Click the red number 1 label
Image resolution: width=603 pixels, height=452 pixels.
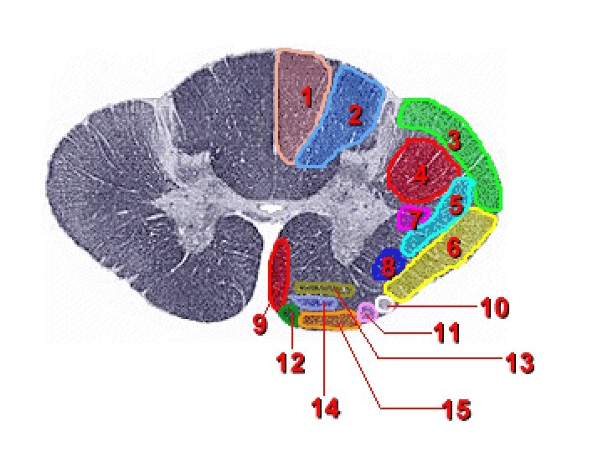307,98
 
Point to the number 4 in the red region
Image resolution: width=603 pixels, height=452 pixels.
420,175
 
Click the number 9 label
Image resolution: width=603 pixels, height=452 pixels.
260,325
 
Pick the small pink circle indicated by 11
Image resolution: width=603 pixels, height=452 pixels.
367,313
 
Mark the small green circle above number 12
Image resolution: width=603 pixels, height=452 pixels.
290,315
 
